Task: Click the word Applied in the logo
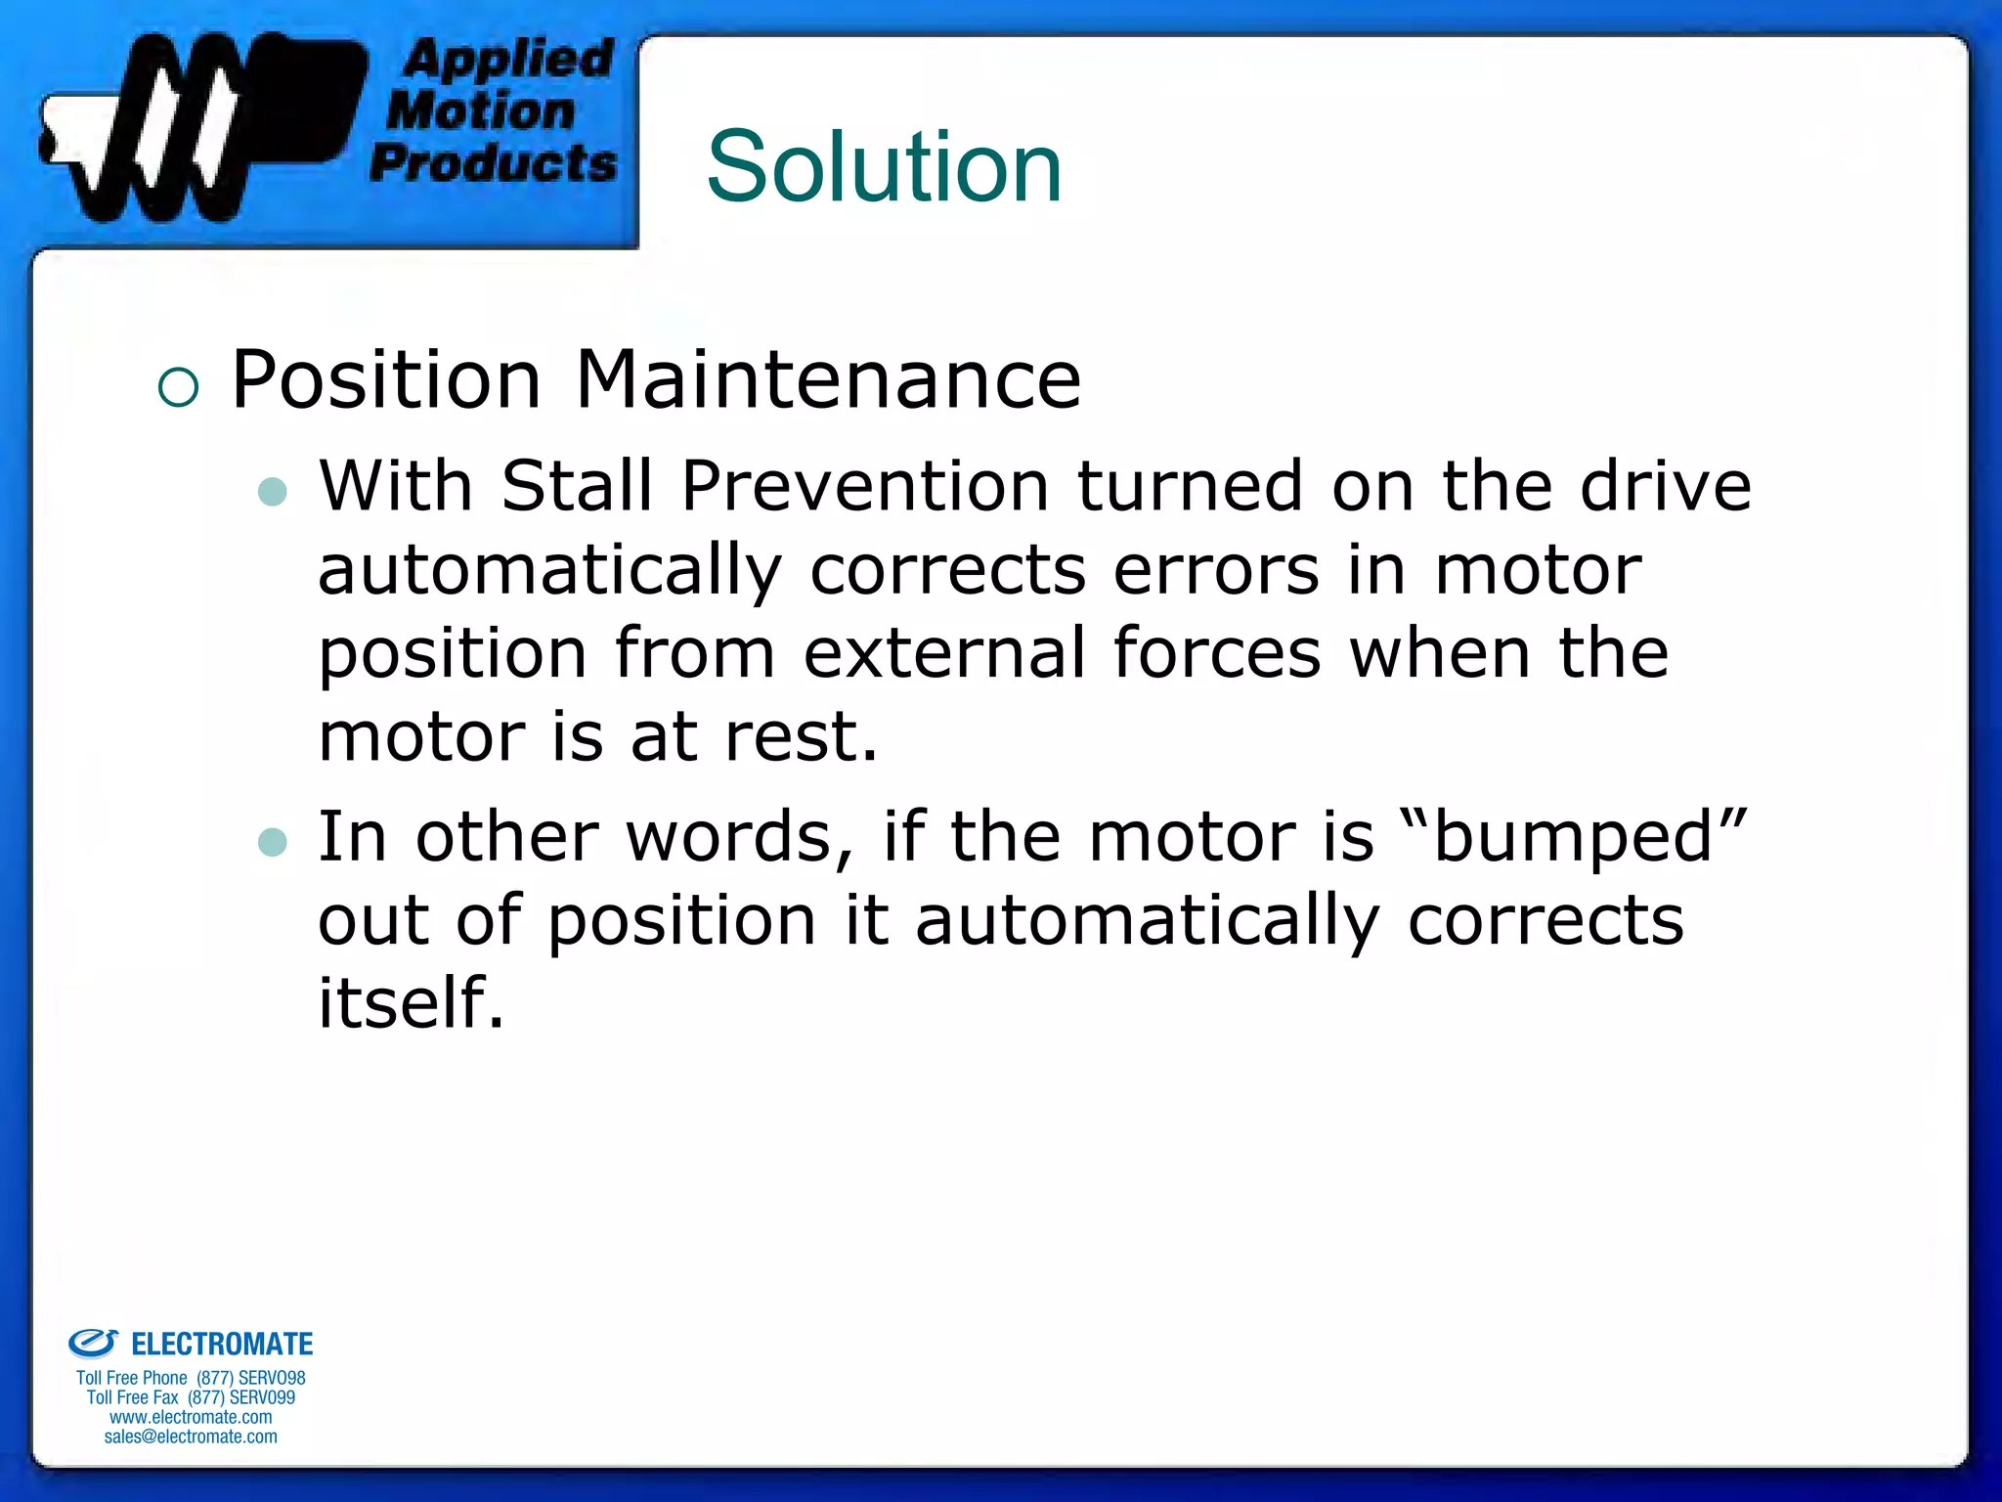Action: click(508, 59)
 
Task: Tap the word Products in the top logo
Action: click(494, 162)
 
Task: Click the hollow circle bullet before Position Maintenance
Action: click(178, 387)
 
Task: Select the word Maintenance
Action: click(828, 379)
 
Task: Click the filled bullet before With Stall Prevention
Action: click(273, 491)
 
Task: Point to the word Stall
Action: click(576, 485)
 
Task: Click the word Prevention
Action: click(865, 485)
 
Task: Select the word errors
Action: click(1216, 569)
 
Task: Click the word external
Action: click(944, 653)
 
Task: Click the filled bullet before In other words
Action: click(273, 842)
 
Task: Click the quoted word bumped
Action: click(1573, 837)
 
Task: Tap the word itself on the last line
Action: click(411, 1002)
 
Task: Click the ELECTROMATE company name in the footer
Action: click(221, 1345)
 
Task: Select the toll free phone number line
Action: click(191, 1378)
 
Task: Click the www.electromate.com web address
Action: click(191, 1417)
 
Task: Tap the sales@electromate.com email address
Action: click(191, 1436)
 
